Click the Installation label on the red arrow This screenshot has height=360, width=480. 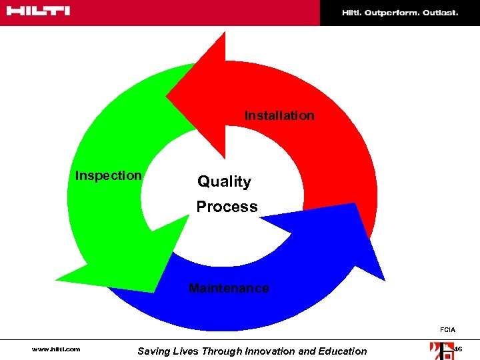279,115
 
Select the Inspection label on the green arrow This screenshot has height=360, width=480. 108,175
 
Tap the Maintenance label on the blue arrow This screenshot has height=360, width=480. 229,288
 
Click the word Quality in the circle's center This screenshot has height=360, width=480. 224,181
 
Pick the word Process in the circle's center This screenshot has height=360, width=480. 227,207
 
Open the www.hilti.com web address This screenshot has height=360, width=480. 56,349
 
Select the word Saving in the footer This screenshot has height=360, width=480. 153,351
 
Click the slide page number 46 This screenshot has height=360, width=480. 457,349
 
